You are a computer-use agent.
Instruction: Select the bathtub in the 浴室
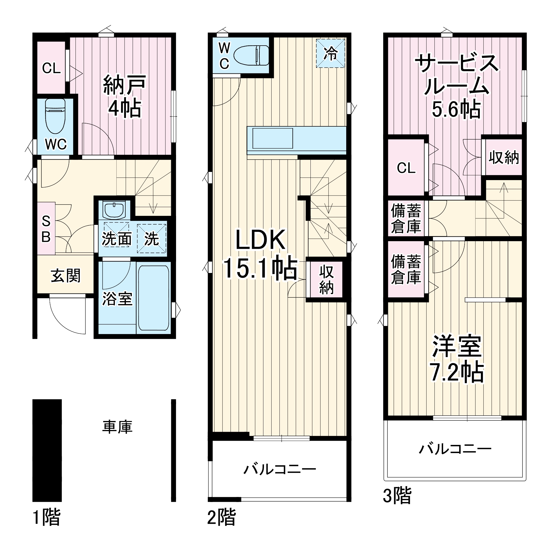tap(154, 298)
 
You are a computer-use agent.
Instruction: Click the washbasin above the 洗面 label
tap(114, 210)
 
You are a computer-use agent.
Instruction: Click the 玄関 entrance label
tap(66, 276)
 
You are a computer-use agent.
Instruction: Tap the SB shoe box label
tap(46, 229)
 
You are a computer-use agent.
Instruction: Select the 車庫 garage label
tap(117, 427)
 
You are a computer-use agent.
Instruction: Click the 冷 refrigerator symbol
tap(330, 53)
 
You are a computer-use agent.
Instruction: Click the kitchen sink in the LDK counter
tap(272, 138)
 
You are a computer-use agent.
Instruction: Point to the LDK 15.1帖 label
tap(260, 254)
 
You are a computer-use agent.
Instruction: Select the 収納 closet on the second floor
tap(326, 280)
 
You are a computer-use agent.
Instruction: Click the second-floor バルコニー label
tap(280, 470)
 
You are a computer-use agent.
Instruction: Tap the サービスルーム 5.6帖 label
tap(456, 87)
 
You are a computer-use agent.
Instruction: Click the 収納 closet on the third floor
tap(503, 157)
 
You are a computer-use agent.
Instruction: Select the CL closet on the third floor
tap(406, 168)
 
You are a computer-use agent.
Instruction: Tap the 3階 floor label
tap(397, 496)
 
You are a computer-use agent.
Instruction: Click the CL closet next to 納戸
tap(51, 68)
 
